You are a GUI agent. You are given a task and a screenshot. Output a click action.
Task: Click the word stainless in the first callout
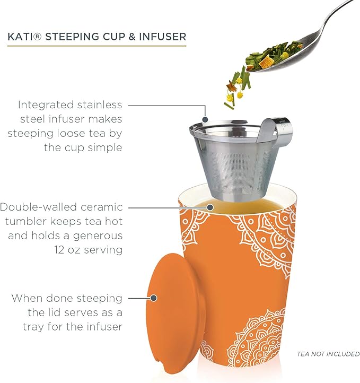100,105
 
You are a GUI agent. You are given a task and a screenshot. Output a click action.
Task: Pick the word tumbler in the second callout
31,221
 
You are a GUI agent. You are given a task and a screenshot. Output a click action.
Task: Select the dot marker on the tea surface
210,207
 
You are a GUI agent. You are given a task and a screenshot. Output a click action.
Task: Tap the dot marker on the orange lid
155,298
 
